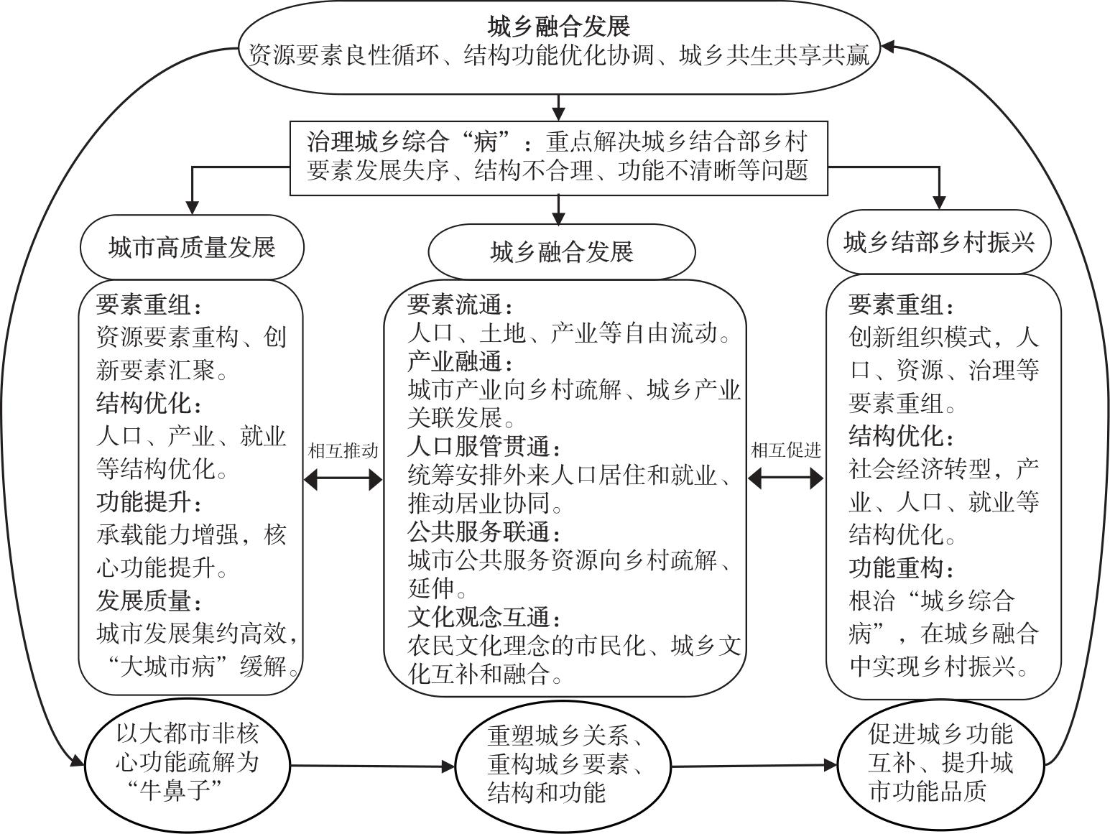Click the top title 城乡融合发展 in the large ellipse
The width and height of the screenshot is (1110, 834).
pyautogui.click(x=558, y=27)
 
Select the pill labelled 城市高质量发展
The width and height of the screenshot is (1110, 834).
pyautogui.click(x=191, y=247)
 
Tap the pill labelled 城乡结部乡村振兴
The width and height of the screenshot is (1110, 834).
pyautogui.click(x=939, y=242)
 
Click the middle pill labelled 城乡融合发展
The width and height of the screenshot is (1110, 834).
pyautogui.click(x=561, y=252)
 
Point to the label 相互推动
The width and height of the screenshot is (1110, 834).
pyautogui.click(x=343, y=451)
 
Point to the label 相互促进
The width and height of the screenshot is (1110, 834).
pyautogui.click(x=785, y=450)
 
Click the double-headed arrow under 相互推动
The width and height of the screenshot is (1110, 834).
pyautogui.click(x=343, y=479)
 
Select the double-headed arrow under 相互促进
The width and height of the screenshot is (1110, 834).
pyautogui.click(x=785, y=478)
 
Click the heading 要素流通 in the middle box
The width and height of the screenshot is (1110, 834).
pyautogui.click(x=460, y=305)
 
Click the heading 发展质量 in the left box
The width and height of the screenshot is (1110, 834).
pyautogui.click(x=149, y=600)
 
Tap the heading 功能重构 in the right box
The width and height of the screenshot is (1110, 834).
pyautogui.click(x=902, y=568)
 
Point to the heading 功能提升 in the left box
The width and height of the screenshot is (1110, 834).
pyautogui.click(x=149, y=501)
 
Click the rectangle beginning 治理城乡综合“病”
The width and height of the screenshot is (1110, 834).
pyautogui.click(x=558, y=157)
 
